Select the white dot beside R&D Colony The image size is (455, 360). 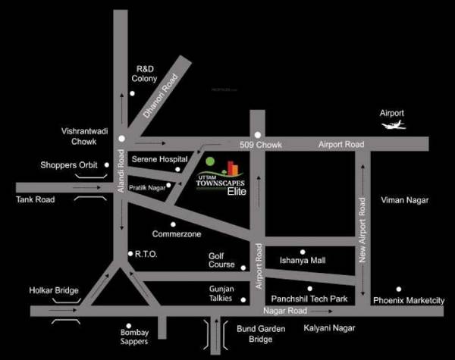[x=132, y=93]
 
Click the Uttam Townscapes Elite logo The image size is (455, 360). [x=221, y=179]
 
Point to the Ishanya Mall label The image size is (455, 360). [x=303, y=261]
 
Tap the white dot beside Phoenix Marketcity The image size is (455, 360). [x=398, y=289]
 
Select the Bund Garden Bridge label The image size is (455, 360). [x=249, y=335]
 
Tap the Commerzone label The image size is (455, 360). [x=177, y=234]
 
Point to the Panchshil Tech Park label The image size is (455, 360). [x=309, y=299]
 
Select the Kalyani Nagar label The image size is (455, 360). [x=330, y=328]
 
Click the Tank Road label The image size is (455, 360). [x=36, y=199]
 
